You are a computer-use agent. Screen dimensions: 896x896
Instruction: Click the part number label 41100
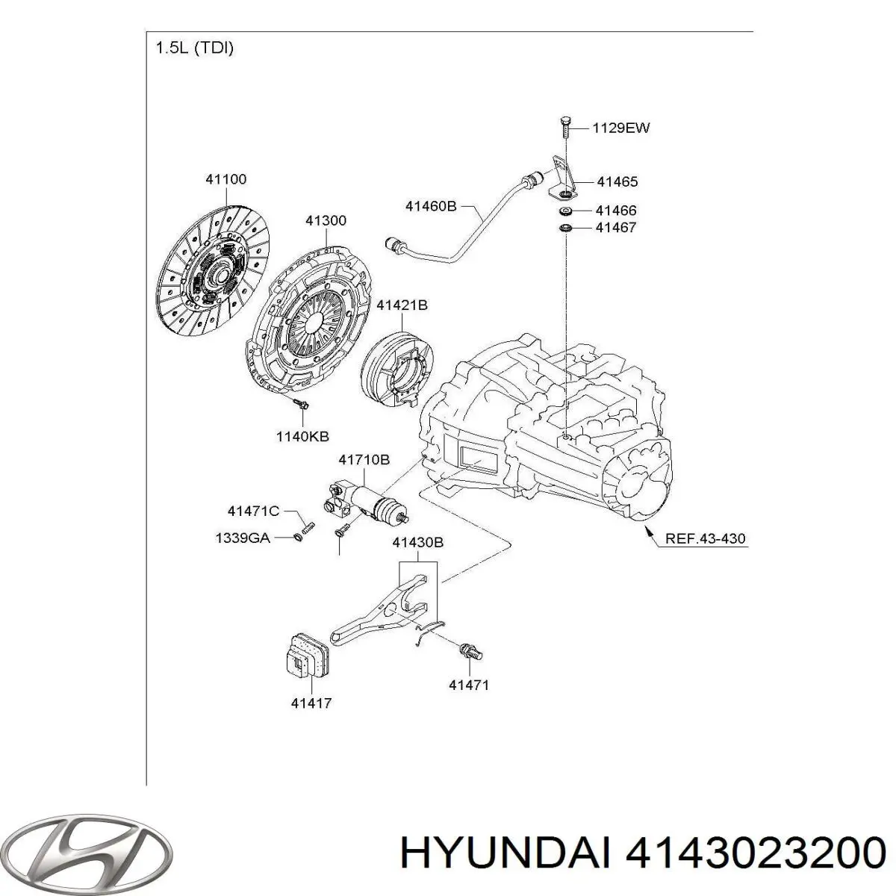pos(225,179)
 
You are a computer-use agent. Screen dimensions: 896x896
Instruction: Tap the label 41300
pos(326,221)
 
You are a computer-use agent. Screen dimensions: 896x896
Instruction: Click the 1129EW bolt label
pos(620,128)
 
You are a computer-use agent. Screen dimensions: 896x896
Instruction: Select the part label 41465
pos(617,181)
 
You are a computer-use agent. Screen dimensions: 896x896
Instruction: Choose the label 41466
pos(616,211)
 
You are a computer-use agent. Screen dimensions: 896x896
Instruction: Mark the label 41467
pos(616,228)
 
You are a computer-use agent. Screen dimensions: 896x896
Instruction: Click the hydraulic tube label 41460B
pos(431,205)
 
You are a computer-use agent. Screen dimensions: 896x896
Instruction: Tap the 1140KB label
pos(302,436)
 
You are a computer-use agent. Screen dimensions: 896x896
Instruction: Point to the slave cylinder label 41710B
pos(364,460)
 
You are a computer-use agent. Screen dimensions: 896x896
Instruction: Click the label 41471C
pos(253,511)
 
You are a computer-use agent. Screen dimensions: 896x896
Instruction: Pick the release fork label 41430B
pos(418,543)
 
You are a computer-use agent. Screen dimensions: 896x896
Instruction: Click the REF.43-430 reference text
pos(705,538)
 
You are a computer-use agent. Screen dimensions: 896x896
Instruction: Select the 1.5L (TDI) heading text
pos(194,49)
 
